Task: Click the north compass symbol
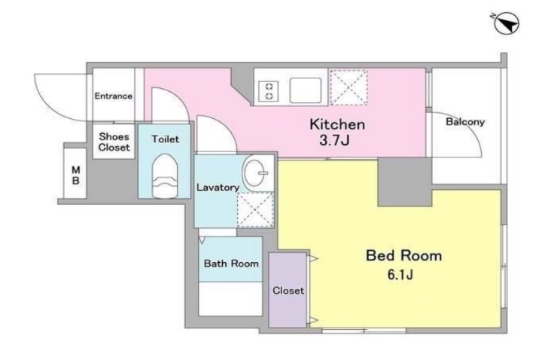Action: coord(506,23)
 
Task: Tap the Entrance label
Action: coord(113,96)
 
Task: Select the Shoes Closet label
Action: coord(114,142)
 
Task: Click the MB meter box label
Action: coord(76,175)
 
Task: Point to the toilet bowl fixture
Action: coord(165,176)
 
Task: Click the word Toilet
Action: coord(165,139)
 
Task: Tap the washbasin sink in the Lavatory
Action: coord(255,173)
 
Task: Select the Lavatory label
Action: coord(218,187)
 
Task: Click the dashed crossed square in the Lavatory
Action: coord(255,209)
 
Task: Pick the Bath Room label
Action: coord(231,264)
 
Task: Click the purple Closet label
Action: coord(288,291)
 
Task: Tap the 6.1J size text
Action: coord(400,274)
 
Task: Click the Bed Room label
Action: coord(403,255)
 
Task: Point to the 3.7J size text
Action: coord(334,140)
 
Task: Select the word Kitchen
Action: coord(337,124)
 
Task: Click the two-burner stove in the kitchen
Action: coord(269,91)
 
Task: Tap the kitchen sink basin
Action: coord(306,90)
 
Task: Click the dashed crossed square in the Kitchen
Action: coord(349,87)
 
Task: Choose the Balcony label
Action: coord(465,122)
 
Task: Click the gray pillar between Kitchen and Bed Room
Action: coord(404,182)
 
